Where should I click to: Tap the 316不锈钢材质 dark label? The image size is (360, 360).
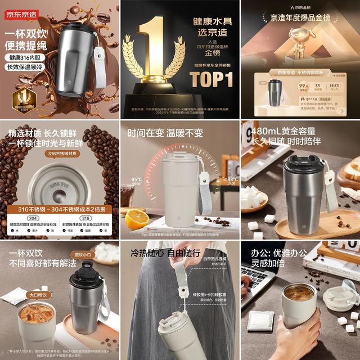[64, 154]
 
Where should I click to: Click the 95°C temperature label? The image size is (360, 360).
[137, 180]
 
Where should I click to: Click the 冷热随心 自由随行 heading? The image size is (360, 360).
[165, 253]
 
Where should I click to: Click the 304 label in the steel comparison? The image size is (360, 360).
[33, 218]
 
